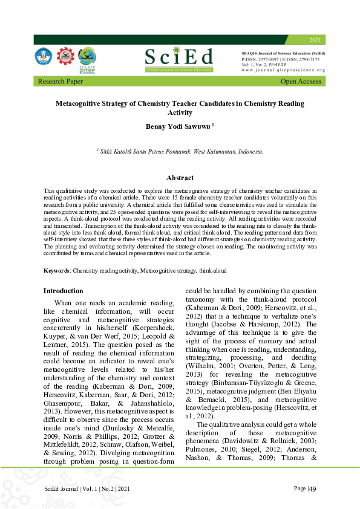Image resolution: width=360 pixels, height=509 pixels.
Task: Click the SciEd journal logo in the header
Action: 179,59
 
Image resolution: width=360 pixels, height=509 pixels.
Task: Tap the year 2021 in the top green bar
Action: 315,40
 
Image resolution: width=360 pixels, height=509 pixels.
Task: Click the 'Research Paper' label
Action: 61,81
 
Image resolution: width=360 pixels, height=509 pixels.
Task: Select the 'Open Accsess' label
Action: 301,81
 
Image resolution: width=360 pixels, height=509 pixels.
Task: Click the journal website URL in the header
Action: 283,70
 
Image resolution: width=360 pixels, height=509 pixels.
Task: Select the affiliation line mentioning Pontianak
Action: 180,152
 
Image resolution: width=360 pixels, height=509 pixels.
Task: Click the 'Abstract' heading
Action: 180,178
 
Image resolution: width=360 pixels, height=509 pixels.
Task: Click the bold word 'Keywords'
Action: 57,270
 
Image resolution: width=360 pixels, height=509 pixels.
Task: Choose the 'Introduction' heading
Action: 63,291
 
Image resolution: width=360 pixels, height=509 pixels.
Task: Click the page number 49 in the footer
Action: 313,488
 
